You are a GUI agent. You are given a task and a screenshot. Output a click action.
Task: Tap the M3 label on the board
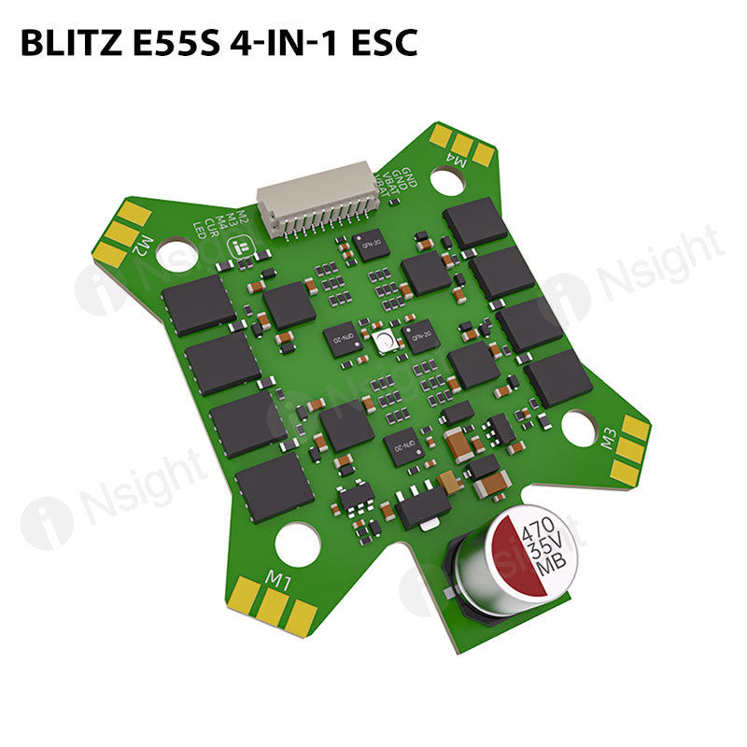point(610,437)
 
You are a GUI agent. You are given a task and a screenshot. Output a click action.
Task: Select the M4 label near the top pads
point(457,161)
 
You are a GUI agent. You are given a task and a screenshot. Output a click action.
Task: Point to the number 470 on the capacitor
point(539,535)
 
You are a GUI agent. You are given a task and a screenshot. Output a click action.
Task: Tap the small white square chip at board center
point(384,343)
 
